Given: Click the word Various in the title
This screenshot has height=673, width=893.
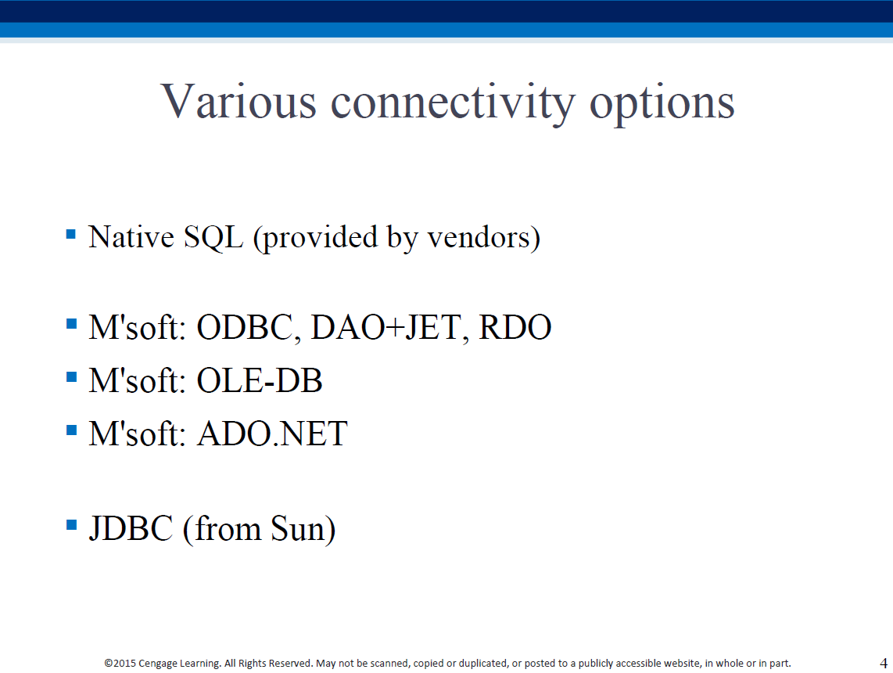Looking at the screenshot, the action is pyautogui.click(x=238, y=102).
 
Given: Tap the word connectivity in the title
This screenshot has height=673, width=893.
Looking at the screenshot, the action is pyautogui.click(x=453, y=103).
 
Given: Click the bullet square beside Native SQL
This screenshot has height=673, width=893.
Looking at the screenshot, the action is pyautogui.click(x=71, y=234).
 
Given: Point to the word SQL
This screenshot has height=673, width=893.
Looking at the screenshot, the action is pyautogui.click(x=213, y=237).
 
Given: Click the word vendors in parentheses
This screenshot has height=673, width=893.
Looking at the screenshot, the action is pyautogui.click(x=479, y=238).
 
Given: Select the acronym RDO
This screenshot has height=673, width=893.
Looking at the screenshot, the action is pyautogui.click(x=515, y=327).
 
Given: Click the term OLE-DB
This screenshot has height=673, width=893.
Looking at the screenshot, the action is pyautogui.click(x=260, y=380).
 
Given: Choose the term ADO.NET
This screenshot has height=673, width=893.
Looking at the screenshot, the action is pyautogui.click(x=272, y=434).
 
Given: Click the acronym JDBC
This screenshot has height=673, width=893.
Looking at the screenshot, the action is pyautogui.click(x=131, y=528).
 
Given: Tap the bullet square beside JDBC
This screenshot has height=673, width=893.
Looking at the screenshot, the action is pyautogui.click(x=71, y=524).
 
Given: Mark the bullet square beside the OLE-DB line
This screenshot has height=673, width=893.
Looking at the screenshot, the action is pyautogui.click(x=71, y=376).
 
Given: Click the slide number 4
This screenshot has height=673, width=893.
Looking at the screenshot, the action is pyautogui.click(x=884, y=664).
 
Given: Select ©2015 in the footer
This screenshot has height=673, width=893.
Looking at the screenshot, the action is pyautogui.click(x=120, y=664).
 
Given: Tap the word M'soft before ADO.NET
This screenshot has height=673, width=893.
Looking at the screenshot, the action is pyautogui.click(x=138, y=434).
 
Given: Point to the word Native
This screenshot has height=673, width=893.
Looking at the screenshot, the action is pyautogui.click(x=131, y=237).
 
